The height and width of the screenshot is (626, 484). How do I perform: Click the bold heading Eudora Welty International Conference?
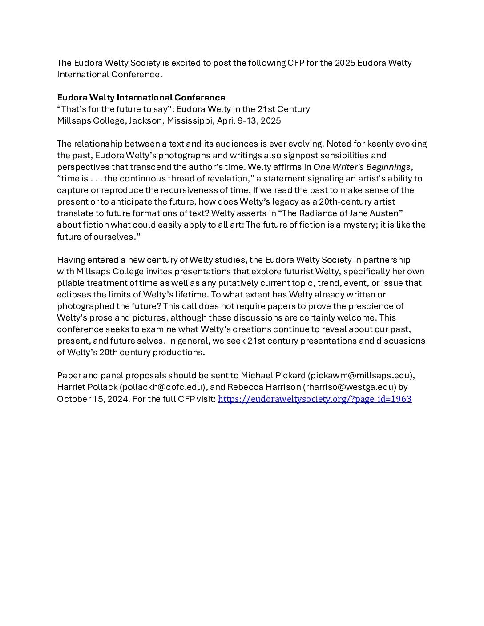coord(141,98)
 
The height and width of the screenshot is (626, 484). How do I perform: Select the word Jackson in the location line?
coord(145,121)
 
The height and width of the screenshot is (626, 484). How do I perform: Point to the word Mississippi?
coord(190,121)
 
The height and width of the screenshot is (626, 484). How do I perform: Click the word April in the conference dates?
coord(226,121)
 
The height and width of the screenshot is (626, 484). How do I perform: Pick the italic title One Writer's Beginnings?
coord(362,167)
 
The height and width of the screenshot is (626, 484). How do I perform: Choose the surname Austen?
coord(386,213)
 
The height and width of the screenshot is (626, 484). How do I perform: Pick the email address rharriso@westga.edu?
coord(349,387)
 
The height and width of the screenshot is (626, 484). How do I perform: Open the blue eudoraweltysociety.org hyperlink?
coord(315,399)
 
